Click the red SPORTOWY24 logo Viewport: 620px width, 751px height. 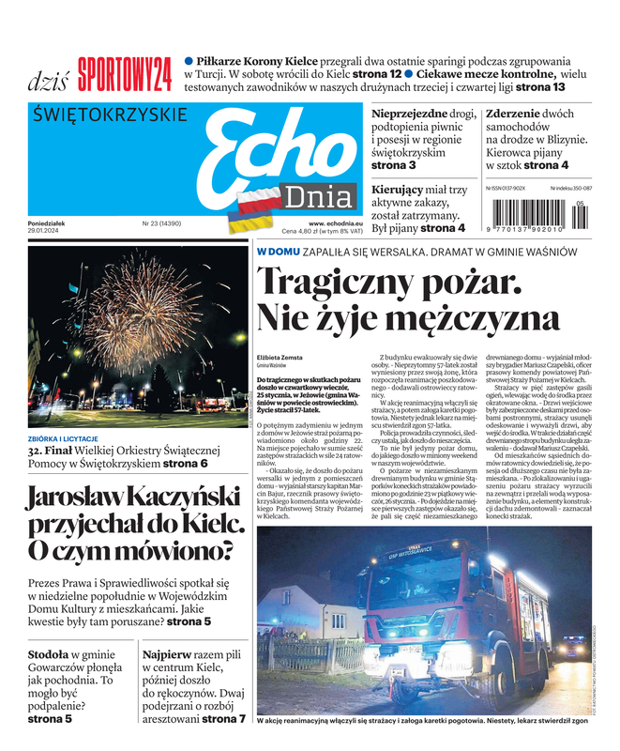[x=125, y=75]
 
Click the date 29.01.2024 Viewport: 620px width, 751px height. [x=47, y=231]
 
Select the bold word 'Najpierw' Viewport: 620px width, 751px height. [x=170, y=653]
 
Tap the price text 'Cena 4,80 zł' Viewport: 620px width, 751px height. [x=302, y=231]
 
